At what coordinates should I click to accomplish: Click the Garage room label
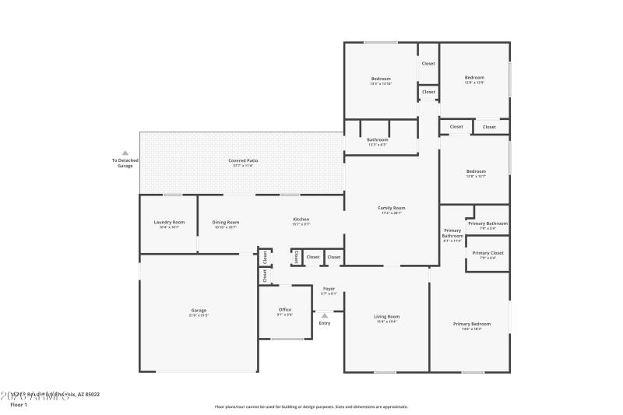199,310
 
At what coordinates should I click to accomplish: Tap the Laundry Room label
169,222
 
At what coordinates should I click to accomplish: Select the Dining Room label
225,222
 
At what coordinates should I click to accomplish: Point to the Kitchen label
301,219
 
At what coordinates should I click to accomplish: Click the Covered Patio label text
243,160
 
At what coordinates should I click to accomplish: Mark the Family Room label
392,208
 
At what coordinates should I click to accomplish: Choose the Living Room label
386,316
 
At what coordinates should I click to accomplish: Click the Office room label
285,310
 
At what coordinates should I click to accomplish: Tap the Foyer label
329,289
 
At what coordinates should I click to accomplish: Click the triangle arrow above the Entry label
325,315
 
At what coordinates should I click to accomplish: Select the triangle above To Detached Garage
125,153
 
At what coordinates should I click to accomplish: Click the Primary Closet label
488,253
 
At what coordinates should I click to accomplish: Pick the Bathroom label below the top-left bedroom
378,139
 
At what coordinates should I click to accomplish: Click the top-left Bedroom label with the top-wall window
381,79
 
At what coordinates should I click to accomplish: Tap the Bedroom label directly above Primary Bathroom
476,171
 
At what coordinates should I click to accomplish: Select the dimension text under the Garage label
199,315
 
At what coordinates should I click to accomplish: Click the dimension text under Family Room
392,213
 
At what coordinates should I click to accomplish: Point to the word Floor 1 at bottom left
19,405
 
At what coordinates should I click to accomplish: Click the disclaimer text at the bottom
311,406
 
